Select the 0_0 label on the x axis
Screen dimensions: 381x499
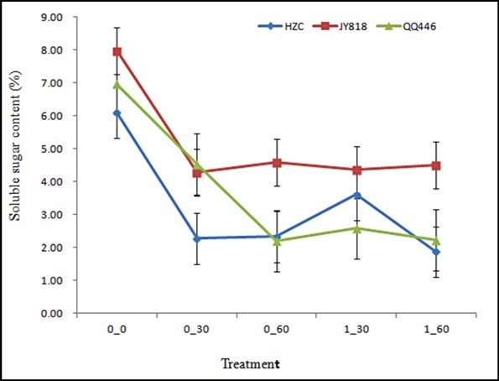coord(117,331)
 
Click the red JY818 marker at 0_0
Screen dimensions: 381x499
coord(117,52)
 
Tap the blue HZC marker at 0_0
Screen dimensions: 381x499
coord(117,113)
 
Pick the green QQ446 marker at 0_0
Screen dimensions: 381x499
coord(117,84)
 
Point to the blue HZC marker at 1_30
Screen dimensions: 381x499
coord(356,196)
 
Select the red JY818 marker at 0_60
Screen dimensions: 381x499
coord(277,163)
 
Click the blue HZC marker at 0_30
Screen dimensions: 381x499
coord(197,238)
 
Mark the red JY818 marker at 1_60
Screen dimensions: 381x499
coord(436,165)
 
